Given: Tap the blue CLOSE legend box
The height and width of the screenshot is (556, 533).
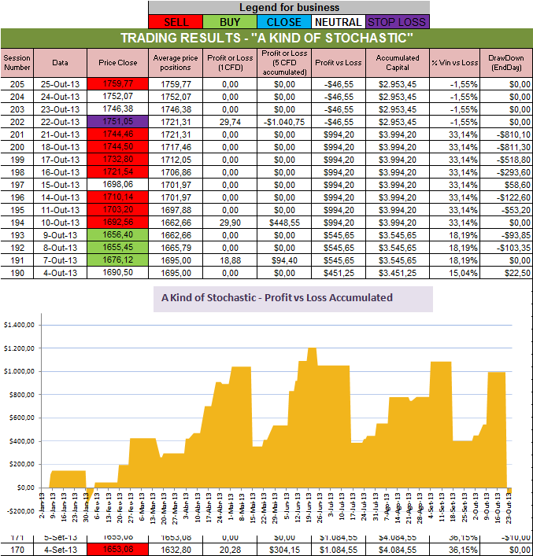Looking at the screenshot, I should tap(282, 22).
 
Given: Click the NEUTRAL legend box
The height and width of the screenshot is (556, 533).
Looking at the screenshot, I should tap(337, 22).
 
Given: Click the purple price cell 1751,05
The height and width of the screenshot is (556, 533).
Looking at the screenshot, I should tap(118, 122).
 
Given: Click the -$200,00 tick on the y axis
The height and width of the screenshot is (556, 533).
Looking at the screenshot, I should tap(20, 511).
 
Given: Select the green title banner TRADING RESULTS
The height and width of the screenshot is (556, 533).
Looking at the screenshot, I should tap(266, 39).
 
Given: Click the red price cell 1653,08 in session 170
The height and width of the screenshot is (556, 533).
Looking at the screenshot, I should tap(118, 549).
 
